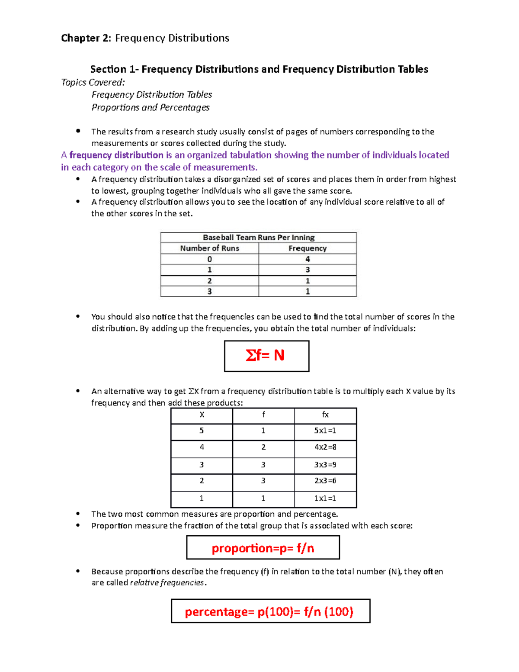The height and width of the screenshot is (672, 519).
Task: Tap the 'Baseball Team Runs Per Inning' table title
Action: pyautogui.click(x=259, y=237)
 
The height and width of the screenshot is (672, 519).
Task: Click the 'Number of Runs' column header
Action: pyautogui.click(x=209, y=248)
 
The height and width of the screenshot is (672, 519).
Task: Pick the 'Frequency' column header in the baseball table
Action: pyautogui.click(x=308, y=248)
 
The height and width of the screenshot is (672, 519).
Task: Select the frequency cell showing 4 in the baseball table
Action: pyautogui.click(x=308, y=259)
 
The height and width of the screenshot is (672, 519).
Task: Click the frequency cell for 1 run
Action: pyautogui.click(x=308, y=270)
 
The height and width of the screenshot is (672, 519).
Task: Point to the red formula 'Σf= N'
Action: pyautogui.click(x=265, y=355)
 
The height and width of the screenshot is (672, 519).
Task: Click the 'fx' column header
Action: pyautogui.click(x=325, y=415)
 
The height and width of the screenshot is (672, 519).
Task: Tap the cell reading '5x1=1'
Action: pyautogui.click(x=325, y=431)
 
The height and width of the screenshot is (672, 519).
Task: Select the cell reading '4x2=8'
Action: pyautogui.click(x=325, y=447)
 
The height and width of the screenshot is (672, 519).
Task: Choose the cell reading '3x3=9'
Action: pyautogui.click(x=325, y=465)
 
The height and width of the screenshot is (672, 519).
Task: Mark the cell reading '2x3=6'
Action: pyautogui.click(x=325, y=481)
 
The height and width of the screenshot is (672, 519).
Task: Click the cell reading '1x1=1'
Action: pyautogui.click(x=325, y=498)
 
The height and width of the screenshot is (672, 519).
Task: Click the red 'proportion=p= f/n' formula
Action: pyautogui.click(x=263, y=548)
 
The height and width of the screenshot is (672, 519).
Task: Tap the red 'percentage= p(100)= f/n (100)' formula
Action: pyautogui.click(x=269, y=611)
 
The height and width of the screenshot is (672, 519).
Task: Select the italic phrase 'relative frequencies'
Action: pyautogui.click(x=167, y=583)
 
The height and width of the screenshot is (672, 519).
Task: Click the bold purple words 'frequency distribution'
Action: pyautogui.click(x=116, y=155)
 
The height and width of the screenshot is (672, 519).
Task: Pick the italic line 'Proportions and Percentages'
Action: pyautogui.click(x=151, y=107)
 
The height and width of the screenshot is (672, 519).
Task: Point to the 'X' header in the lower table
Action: pyautogui.click(x=202, y=415)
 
